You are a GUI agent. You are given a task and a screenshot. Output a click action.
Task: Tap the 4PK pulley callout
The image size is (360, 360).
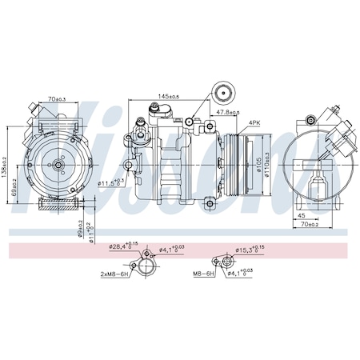pyautogui.click(x=254, y=123)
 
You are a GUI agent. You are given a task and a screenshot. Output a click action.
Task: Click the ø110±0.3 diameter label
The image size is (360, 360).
pyautogui.click(x=267, y=164)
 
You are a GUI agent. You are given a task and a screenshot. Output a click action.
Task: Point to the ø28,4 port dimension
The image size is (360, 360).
pyautogui.click(x=122, y=247)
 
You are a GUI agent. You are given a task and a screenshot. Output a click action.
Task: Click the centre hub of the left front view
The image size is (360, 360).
pyautogui.click(x=58, y=164)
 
